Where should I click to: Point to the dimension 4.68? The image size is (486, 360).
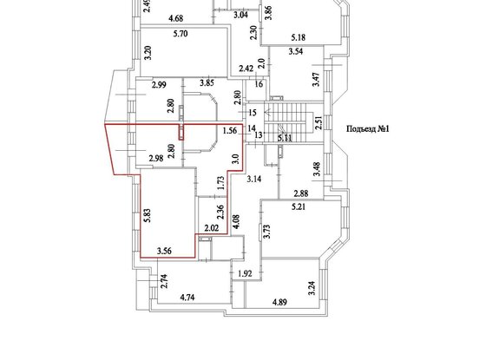point(176,17)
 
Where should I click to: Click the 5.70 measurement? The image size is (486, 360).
point(181,33)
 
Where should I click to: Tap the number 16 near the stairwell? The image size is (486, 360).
point(257,84)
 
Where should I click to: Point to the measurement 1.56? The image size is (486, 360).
point(230,131)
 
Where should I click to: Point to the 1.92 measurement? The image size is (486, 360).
point(245,273)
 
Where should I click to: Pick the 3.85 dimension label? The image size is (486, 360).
point(207,82)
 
